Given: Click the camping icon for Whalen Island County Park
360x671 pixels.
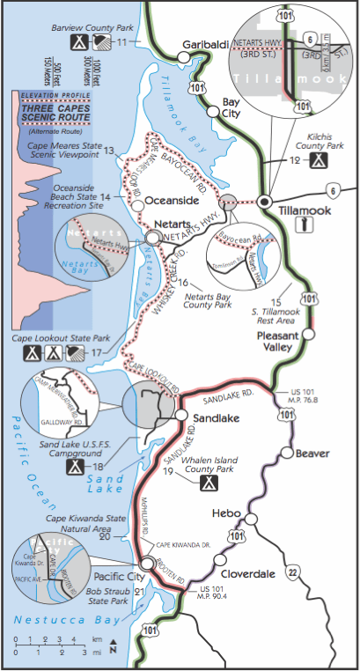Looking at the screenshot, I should point(209,483).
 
